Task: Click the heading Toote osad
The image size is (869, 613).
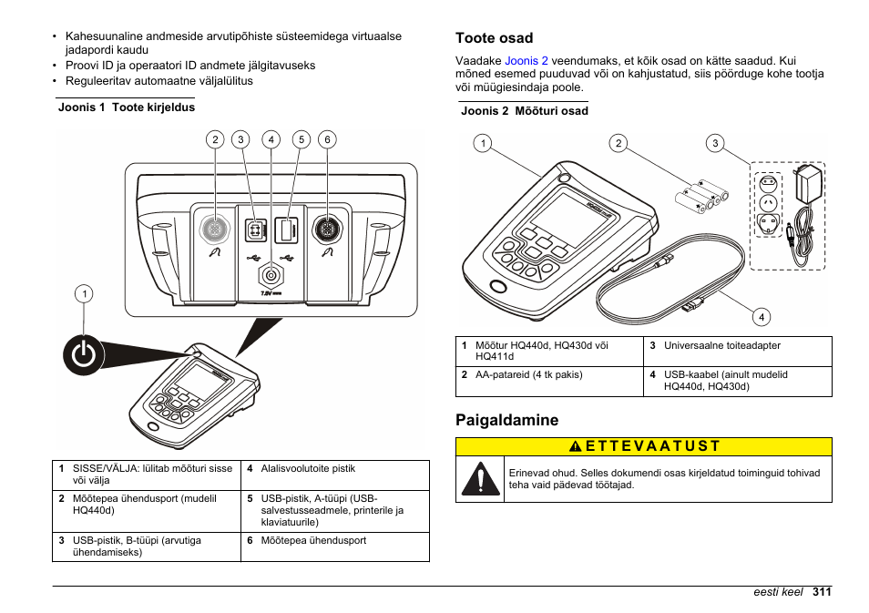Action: tap(494, 38)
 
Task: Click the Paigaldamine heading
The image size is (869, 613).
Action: tap(506, 420)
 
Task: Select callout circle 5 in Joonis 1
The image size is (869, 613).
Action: tap(302, 139)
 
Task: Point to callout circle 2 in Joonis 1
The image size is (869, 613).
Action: tap(215, 139)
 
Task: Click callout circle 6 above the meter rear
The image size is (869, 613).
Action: tap(327, 139)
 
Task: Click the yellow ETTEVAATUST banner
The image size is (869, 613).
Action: tap(643, 446)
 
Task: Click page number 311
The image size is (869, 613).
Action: tap(822, 592)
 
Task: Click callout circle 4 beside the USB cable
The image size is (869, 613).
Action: tap(762, 317)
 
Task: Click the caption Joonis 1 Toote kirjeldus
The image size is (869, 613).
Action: tap(127, 107)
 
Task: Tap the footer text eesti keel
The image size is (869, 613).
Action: tap(777, 592)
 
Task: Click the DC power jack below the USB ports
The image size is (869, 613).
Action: tap(270, 274)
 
